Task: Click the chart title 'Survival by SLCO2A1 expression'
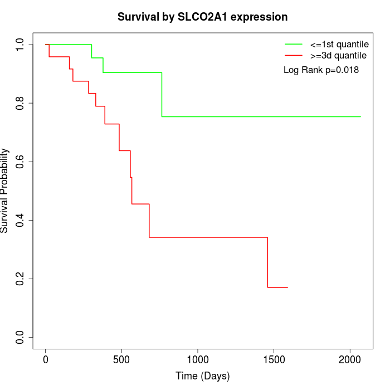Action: pos(202,17)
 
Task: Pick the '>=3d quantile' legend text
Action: pos(338,55)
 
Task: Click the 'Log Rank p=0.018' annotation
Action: pos(321,70)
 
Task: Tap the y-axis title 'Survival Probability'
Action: pos(5,191)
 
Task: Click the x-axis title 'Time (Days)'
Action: pos(202,376)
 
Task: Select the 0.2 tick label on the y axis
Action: pos(21,279)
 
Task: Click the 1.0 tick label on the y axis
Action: pos(21,45)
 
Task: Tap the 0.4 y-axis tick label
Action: pos(21,220)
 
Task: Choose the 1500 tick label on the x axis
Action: pos(274,359)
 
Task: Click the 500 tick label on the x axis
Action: pos(121,359)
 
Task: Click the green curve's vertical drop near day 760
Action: pos(162,95)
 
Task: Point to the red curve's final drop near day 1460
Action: pos(267,262)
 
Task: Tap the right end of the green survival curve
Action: pos(360,116)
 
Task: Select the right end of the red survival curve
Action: pos(287,287)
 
